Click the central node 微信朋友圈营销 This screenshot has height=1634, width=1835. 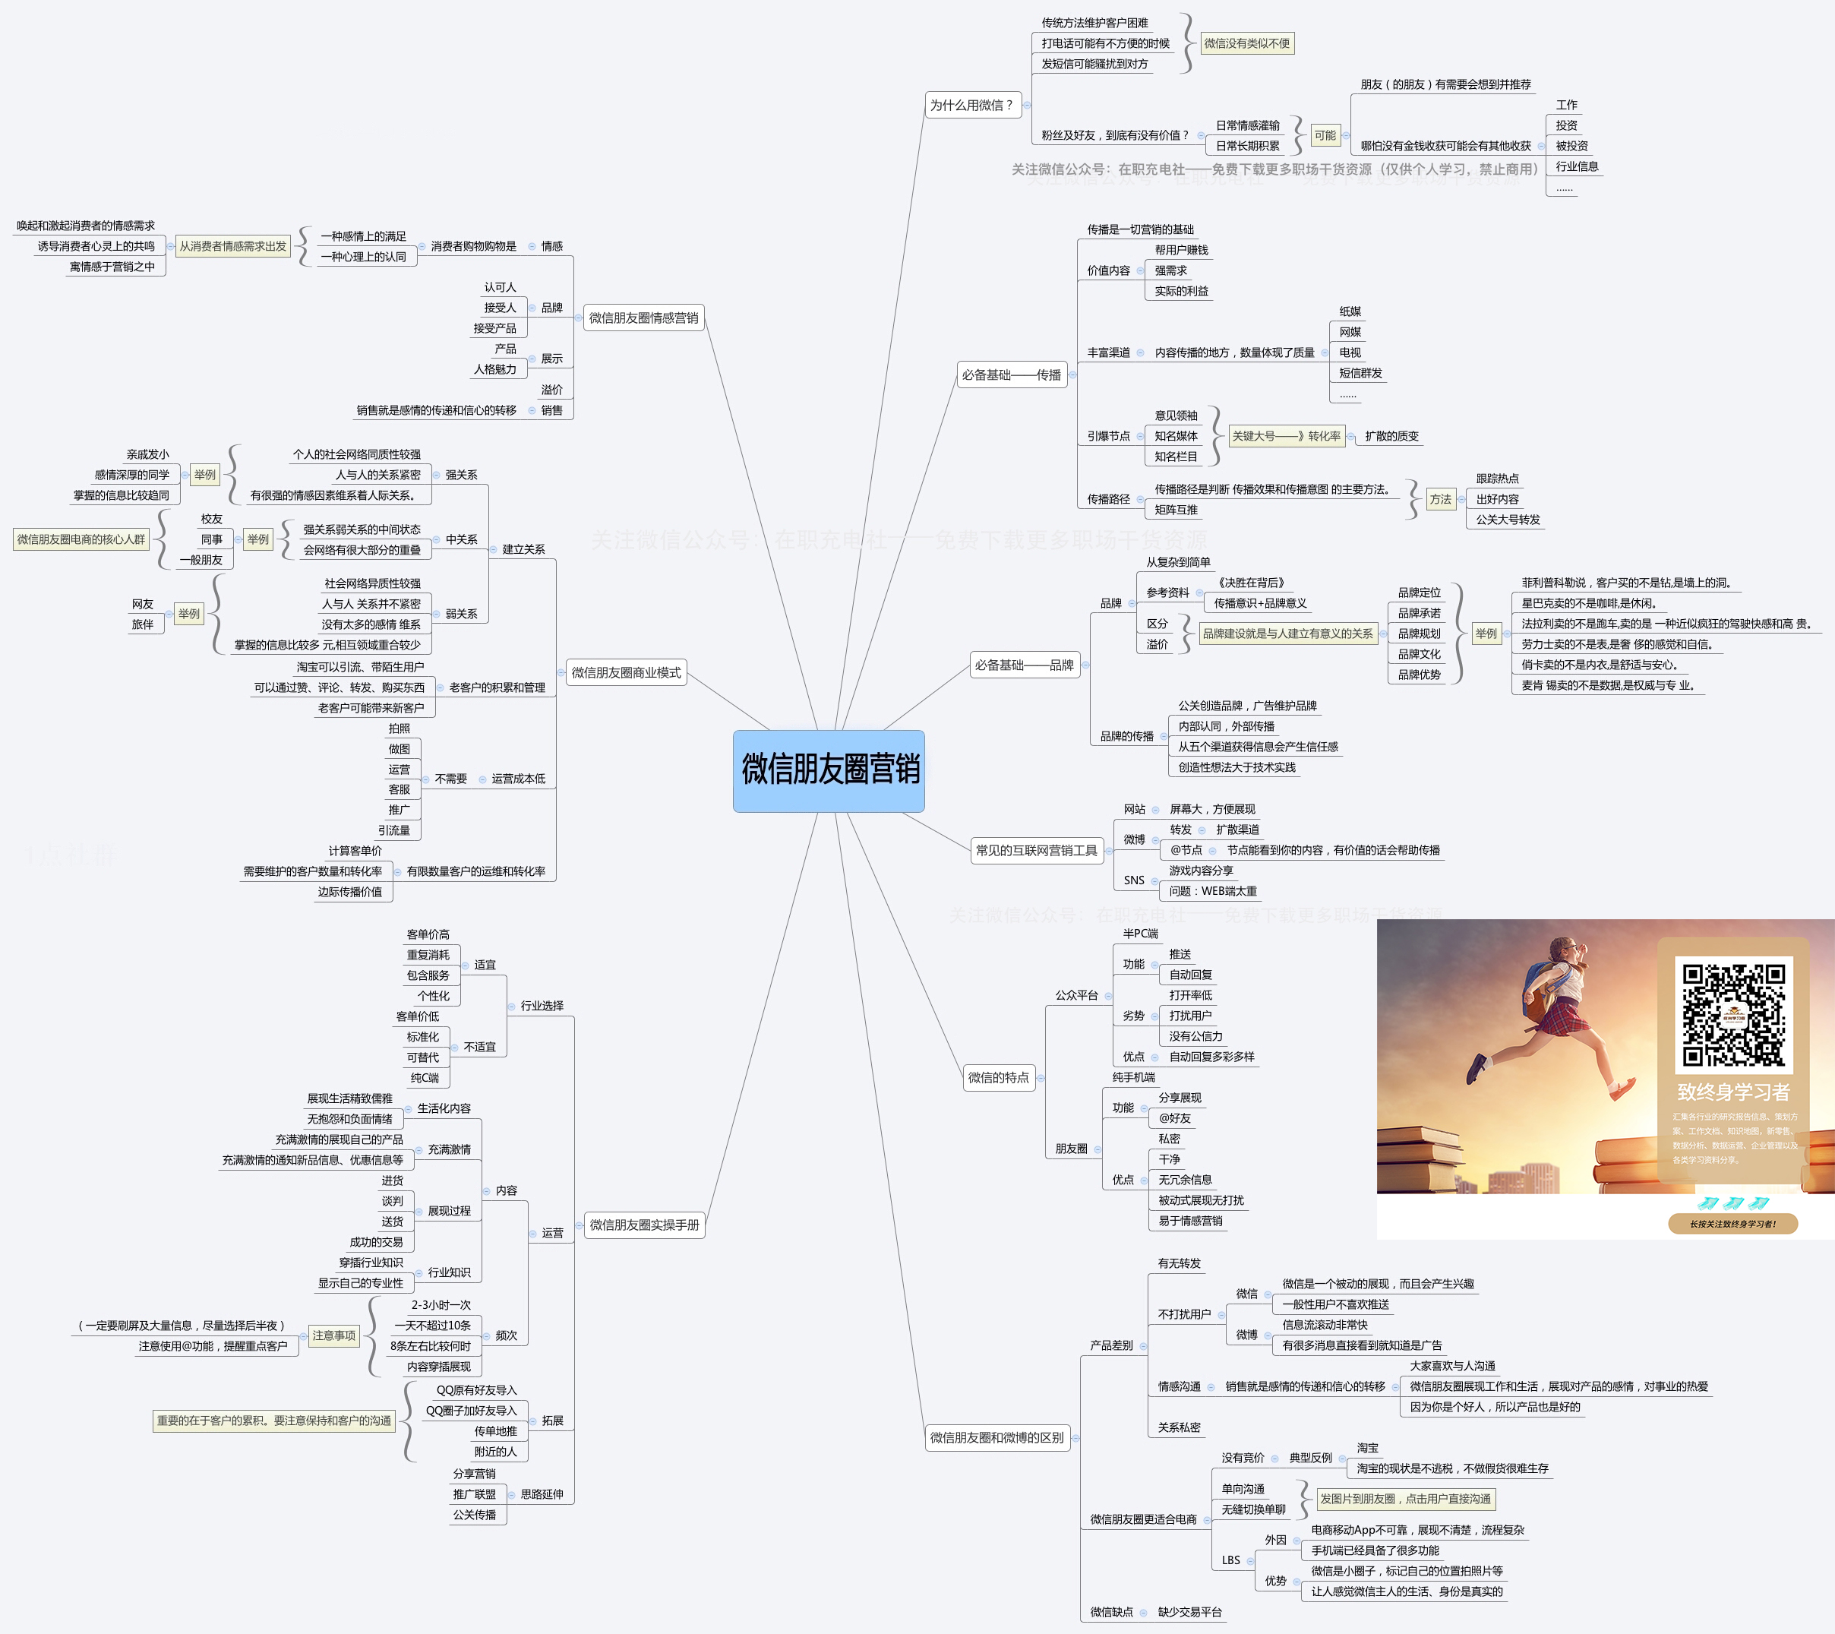829,770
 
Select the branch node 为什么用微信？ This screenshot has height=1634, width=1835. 972,106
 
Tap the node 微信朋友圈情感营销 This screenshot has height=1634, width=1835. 643,318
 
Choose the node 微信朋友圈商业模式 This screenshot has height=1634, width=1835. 626,672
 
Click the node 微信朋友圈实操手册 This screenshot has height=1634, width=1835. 643,1225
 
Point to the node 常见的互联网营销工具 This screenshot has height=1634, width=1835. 1036,850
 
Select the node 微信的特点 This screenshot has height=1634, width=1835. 998,1077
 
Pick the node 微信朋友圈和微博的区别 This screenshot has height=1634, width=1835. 996,1437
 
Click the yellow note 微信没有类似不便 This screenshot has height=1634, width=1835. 1246,43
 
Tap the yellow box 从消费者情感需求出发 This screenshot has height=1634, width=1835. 232,246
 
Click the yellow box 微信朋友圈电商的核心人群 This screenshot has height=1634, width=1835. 81,539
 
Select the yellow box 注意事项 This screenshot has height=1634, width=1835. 334,1336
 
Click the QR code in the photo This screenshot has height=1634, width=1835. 1732,1015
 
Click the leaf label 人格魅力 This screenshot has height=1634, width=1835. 494,369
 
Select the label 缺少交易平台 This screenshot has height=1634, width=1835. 1189,1611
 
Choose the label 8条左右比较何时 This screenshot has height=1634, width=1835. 430,1346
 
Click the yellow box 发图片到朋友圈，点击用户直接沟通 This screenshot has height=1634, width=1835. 1405,1499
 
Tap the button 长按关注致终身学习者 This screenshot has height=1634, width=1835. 1732,1224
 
